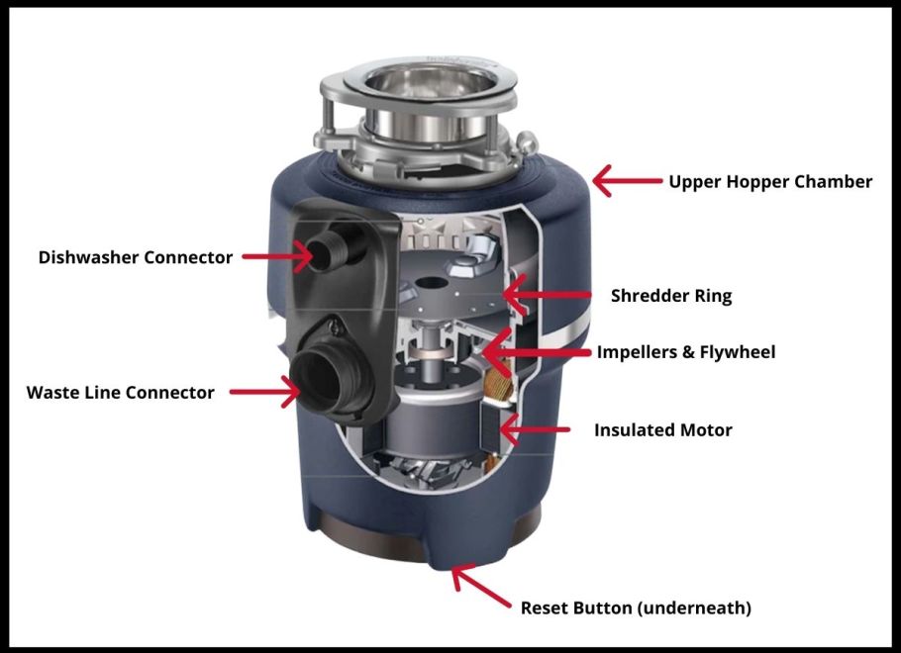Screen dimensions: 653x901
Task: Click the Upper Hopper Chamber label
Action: point(770,181)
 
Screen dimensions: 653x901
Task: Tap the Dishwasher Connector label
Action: point(136,257)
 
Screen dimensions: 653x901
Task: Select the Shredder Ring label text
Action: point(671,295)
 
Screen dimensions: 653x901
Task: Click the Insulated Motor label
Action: point(663,430)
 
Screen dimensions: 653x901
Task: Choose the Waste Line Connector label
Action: point(120,393)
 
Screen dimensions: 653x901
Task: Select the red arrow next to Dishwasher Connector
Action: point(276,257)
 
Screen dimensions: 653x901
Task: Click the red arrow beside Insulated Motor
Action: point(536,429)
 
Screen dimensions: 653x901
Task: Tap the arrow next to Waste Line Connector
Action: point(264,393)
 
